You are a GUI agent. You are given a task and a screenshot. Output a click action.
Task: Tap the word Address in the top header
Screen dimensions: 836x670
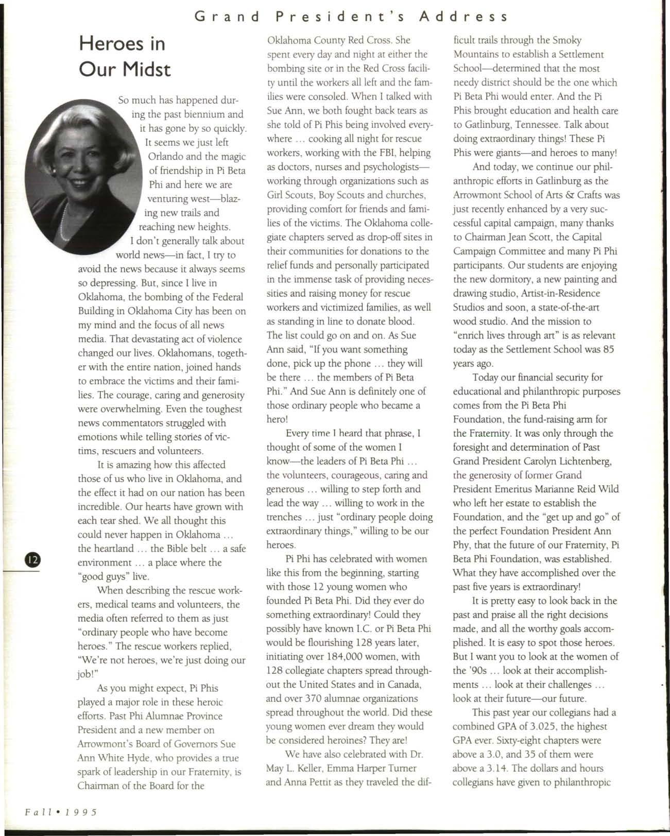click(464, 17)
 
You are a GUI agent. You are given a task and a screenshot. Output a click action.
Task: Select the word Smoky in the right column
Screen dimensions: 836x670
click(566, 40)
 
